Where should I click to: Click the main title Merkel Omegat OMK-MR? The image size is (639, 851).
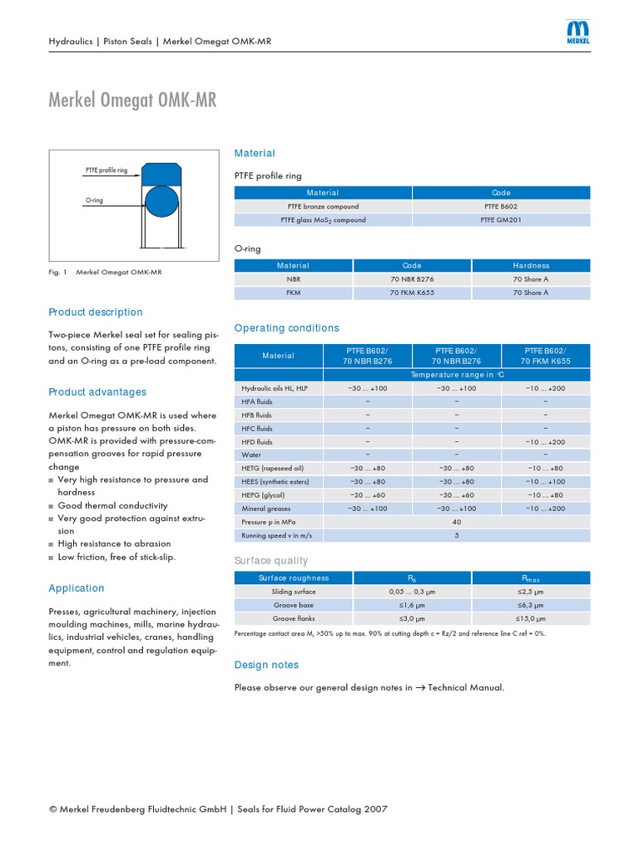[x=133, y=101]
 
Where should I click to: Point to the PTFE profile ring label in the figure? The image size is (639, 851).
[x=106, y=170]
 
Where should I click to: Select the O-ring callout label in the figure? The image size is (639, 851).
[x=94, y=200]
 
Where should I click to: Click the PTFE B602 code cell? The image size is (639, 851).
[x=501, y=206]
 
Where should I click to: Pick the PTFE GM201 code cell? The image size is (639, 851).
[x=501, y=220]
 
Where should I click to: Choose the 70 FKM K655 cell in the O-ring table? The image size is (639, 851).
[x=412, y=293]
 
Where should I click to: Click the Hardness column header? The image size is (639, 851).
[x=531, y=265]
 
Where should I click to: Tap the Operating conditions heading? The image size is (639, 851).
[x=287, y=328]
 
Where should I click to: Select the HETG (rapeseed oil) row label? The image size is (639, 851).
[x=272, y=468]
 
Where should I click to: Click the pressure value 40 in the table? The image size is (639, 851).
[x=456, y=522]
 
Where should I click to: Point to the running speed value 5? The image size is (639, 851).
[x=456, y=535]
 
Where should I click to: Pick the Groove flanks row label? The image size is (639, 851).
[x=294, y=618]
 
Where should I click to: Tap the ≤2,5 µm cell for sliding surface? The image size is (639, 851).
[x=530, y=592]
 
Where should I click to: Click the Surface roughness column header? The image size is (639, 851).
[x=294, y=578]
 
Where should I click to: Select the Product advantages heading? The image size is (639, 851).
[x=97, y=392]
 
